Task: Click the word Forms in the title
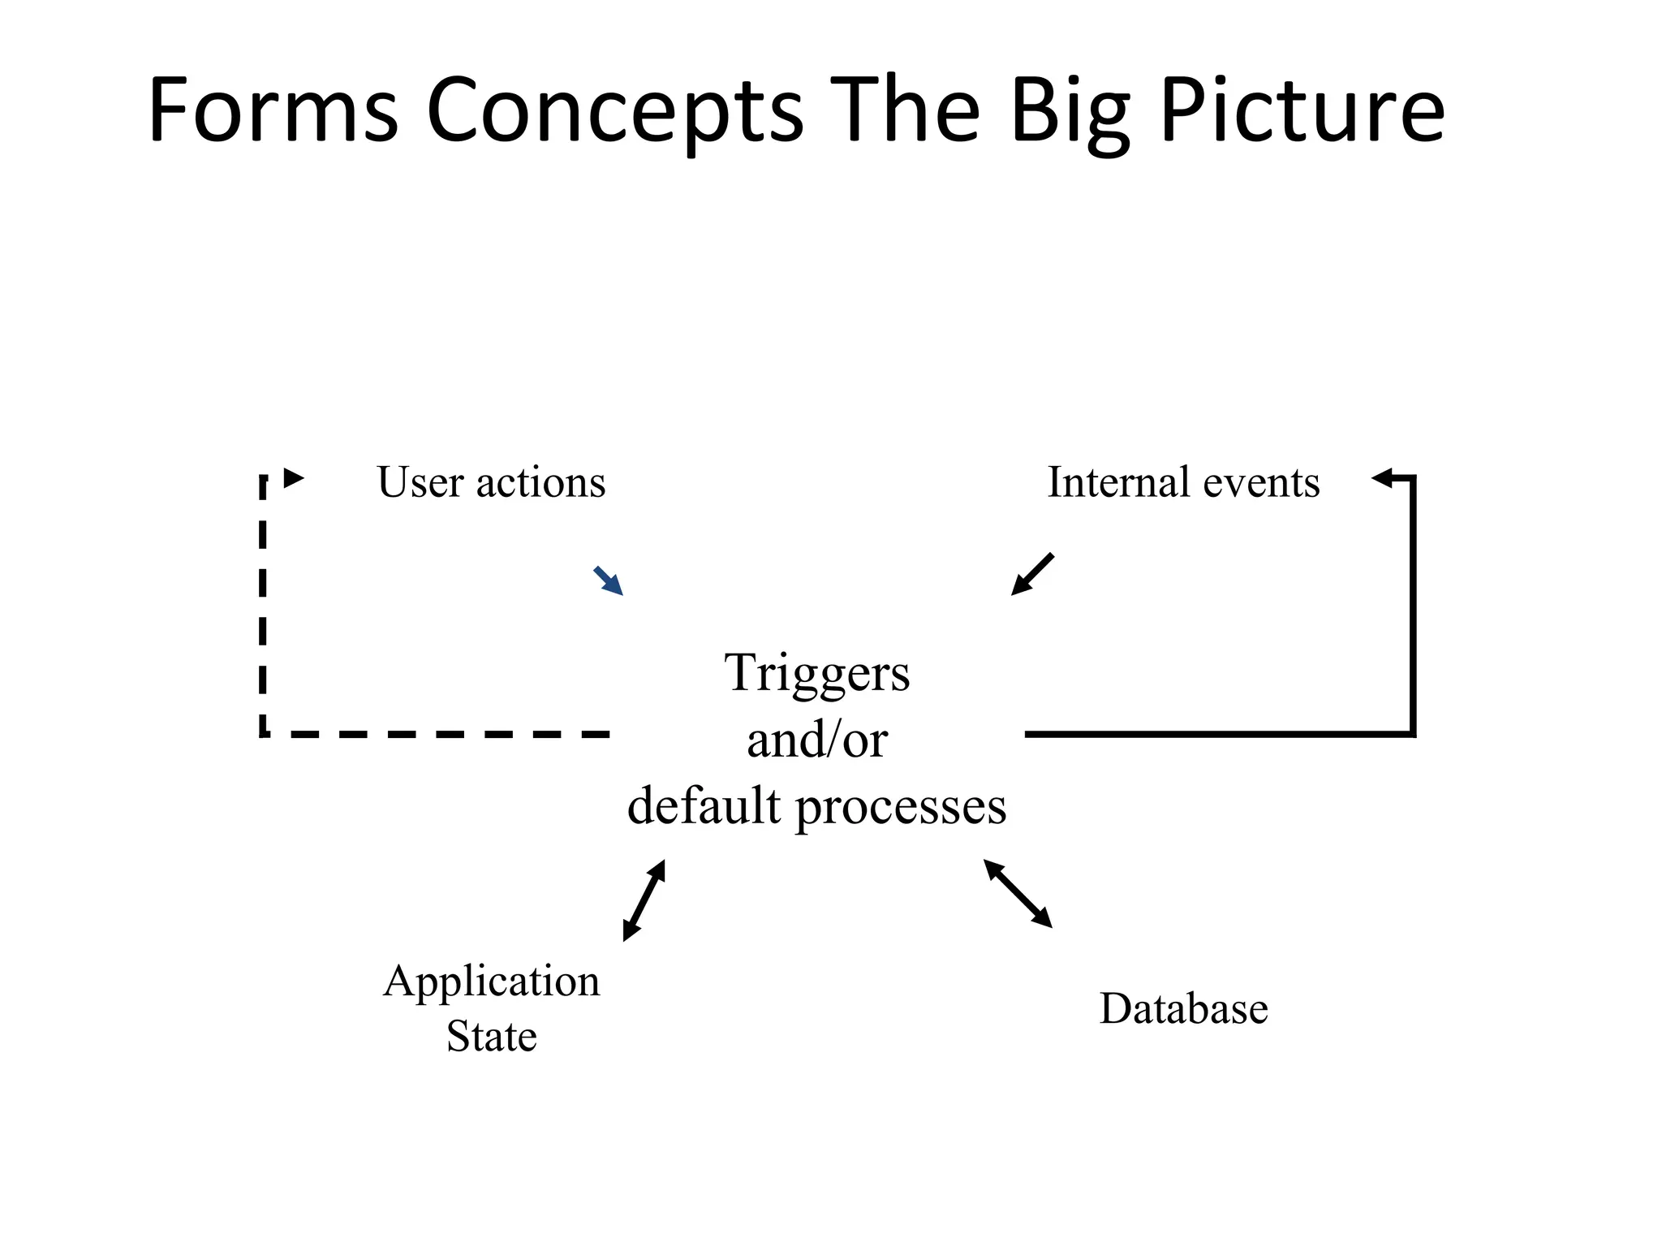[x=273, y=110]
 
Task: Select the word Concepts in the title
[x=614, y=112]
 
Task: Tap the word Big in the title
[x=1070, y=112]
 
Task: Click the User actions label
[x=491, y=482]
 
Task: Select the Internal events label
[x=1183, y=482]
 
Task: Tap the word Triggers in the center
[x=816, y=674]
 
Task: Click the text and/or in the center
[x=816, y=740]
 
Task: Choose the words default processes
[x=816, y=807]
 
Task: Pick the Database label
[x=1183, y=1009]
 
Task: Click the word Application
[x=491, y=982]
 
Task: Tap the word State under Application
[x=491, y=1037]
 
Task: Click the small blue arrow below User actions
[x=609, y=580]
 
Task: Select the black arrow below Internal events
[x=1032, y=575]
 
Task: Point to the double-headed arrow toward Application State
[x=644, y=900]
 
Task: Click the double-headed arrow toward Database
[x=1018, y=893]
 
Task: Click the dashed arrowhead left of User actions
[x=294, y=478]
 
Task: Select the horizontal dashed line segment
[x=438, y=734]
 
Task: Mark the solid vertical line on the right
[x=1413, y=605]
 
